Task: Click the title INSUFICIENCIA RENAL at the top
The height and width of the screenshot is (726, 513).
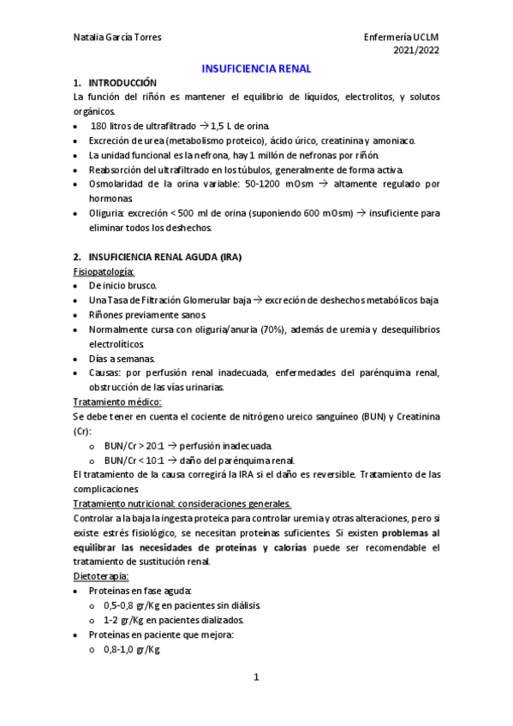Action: pyautogui.click(x=256, y=68)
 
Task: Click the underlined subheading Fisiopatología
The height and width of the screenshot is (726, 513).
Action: pyautogui.click(x=98, y=271)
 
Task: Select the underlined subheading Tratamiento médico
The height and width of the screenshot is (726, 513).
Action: pyautogui.click(x=117, y=402)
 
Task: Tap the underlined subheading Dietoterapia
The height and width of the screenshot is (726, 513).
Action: pyautogui.click(x=101, y=576)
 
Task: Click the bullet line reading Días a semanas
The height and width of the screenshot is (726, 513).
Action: pyautogui.click(x=118, y=358)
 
